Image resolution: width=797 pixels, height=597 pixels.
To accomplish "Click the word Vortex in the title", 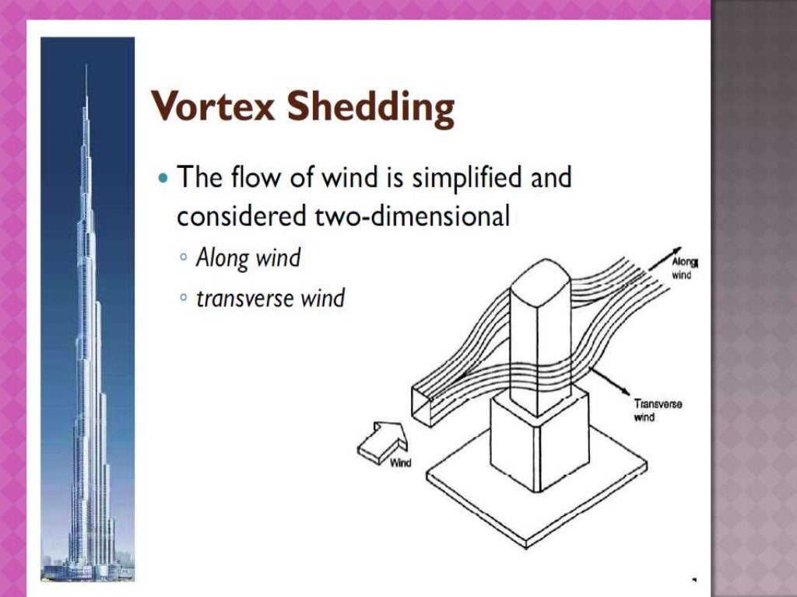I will click(x=212, y=107).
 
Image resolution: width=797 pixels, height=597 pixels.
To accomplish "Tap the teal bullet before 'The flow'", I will click(x=162, y=178).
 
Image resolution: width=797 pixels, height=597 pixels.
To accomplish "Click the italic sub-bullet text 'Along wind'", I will click(x=248, y=257).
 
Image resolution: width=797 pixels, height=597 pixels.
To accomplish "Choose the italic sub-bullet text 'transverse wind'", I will click(x=269, y=298).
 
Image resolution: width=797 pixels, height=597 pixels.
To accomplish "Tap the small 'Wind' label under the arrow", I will click(x=400, y=463).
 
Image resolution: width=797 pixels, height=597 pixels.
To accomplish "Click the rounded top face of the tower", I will click(x=540, y=276).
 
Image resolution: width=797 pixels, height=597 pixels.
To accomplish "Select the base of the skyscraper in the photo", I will click(x=87, y=567).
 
